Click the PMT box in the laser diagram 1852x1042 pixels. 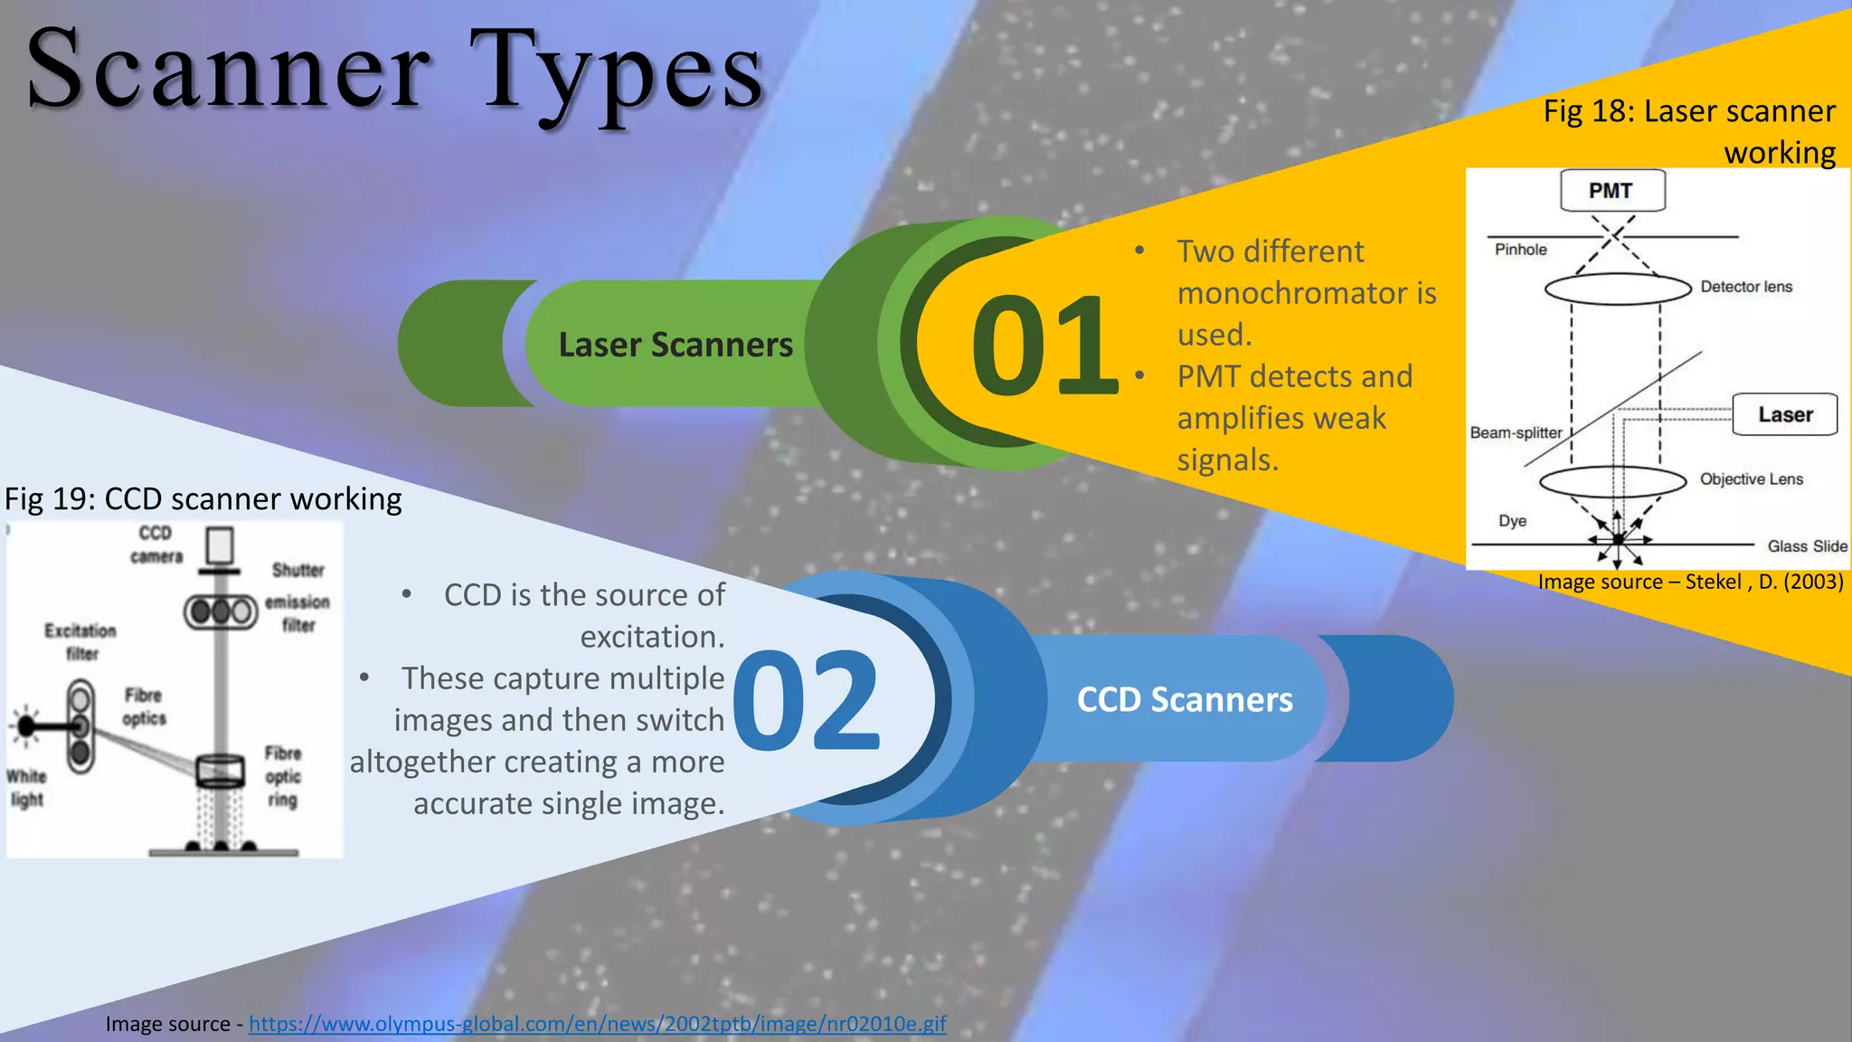tap(1611, 191)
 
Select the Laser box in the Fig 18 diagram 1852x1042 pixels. tap(1784, 414)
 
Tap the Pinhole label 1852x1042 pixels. tap(1520, 250)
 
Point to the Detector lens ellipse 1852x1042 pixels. tap(1617, 289)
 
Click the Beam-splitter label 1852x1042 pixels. tap(1516, 432)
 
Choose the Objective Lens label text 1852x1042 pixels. tap(1751, 479)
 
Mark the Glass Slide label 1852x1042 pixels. tap(1807, 546)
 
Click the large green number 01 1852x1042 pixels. tap(1044, 346)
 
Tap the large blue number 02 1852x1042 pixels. tap(807, 700)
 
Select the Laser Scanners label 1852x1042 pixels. tap(676, 345)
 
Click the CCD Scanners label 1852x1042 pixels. tap(1185, 699)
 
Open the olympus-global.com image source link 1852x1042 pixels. tap(597, 1024)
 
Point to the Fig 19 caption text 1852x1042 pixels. tap(203, 499)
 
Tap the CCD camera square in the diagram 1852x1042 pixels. tap(220, 545)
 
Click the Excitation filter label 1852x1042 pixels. tap(80, 641)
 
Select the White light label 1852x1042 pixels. tap(26, 788)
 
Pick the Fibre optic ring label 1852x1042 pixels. tap(283, 776)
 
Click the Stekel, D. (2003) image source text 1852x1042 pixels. tap(1690, 582)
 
